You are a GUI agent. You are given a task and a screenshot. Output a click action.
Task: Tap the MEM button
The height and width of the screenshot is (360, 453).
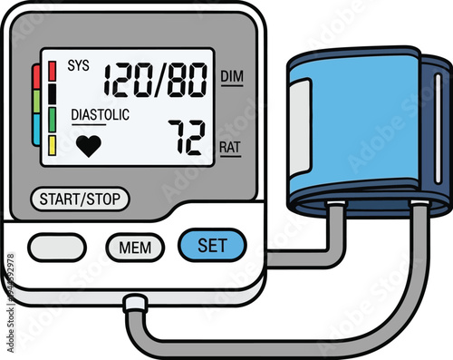click(135, 246)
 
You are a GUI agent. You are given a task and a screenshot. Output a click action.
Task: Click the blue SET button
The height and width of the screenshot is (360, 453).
click(212, 244)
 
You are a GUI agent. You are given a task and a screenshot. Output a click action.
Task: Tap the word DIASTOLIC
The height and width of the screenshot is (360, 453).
click(100, 115)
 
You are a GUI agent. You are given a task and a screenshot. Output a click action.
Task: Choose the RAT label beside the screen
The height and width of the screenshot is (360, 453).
click(230, 145)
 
